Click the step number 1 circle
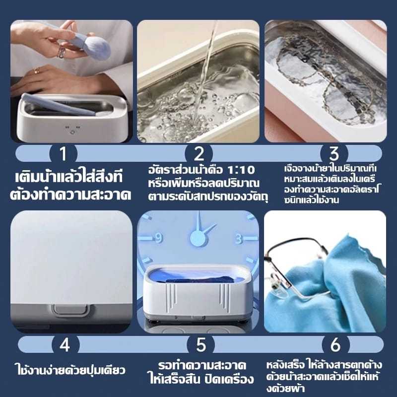[64, 154]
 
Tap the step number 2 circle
[199, 154]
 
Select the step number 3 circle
[334, 154]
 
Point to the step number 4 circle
[66, 344]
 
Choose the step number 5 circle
[201, 344]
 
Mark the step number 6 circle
[336, 344]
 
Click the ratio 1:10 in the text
[241, 170]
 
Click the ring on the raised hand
[61, 53]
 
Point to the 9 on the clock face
[158, 238]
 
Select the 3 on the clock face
[239, 239]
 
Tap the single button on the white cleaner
[70, 309]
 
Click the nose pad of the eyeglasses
[279, 292]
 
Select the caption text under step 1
[70, 186]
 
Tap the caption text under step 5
[200, 372]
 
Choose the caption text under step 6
[324, 377]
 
